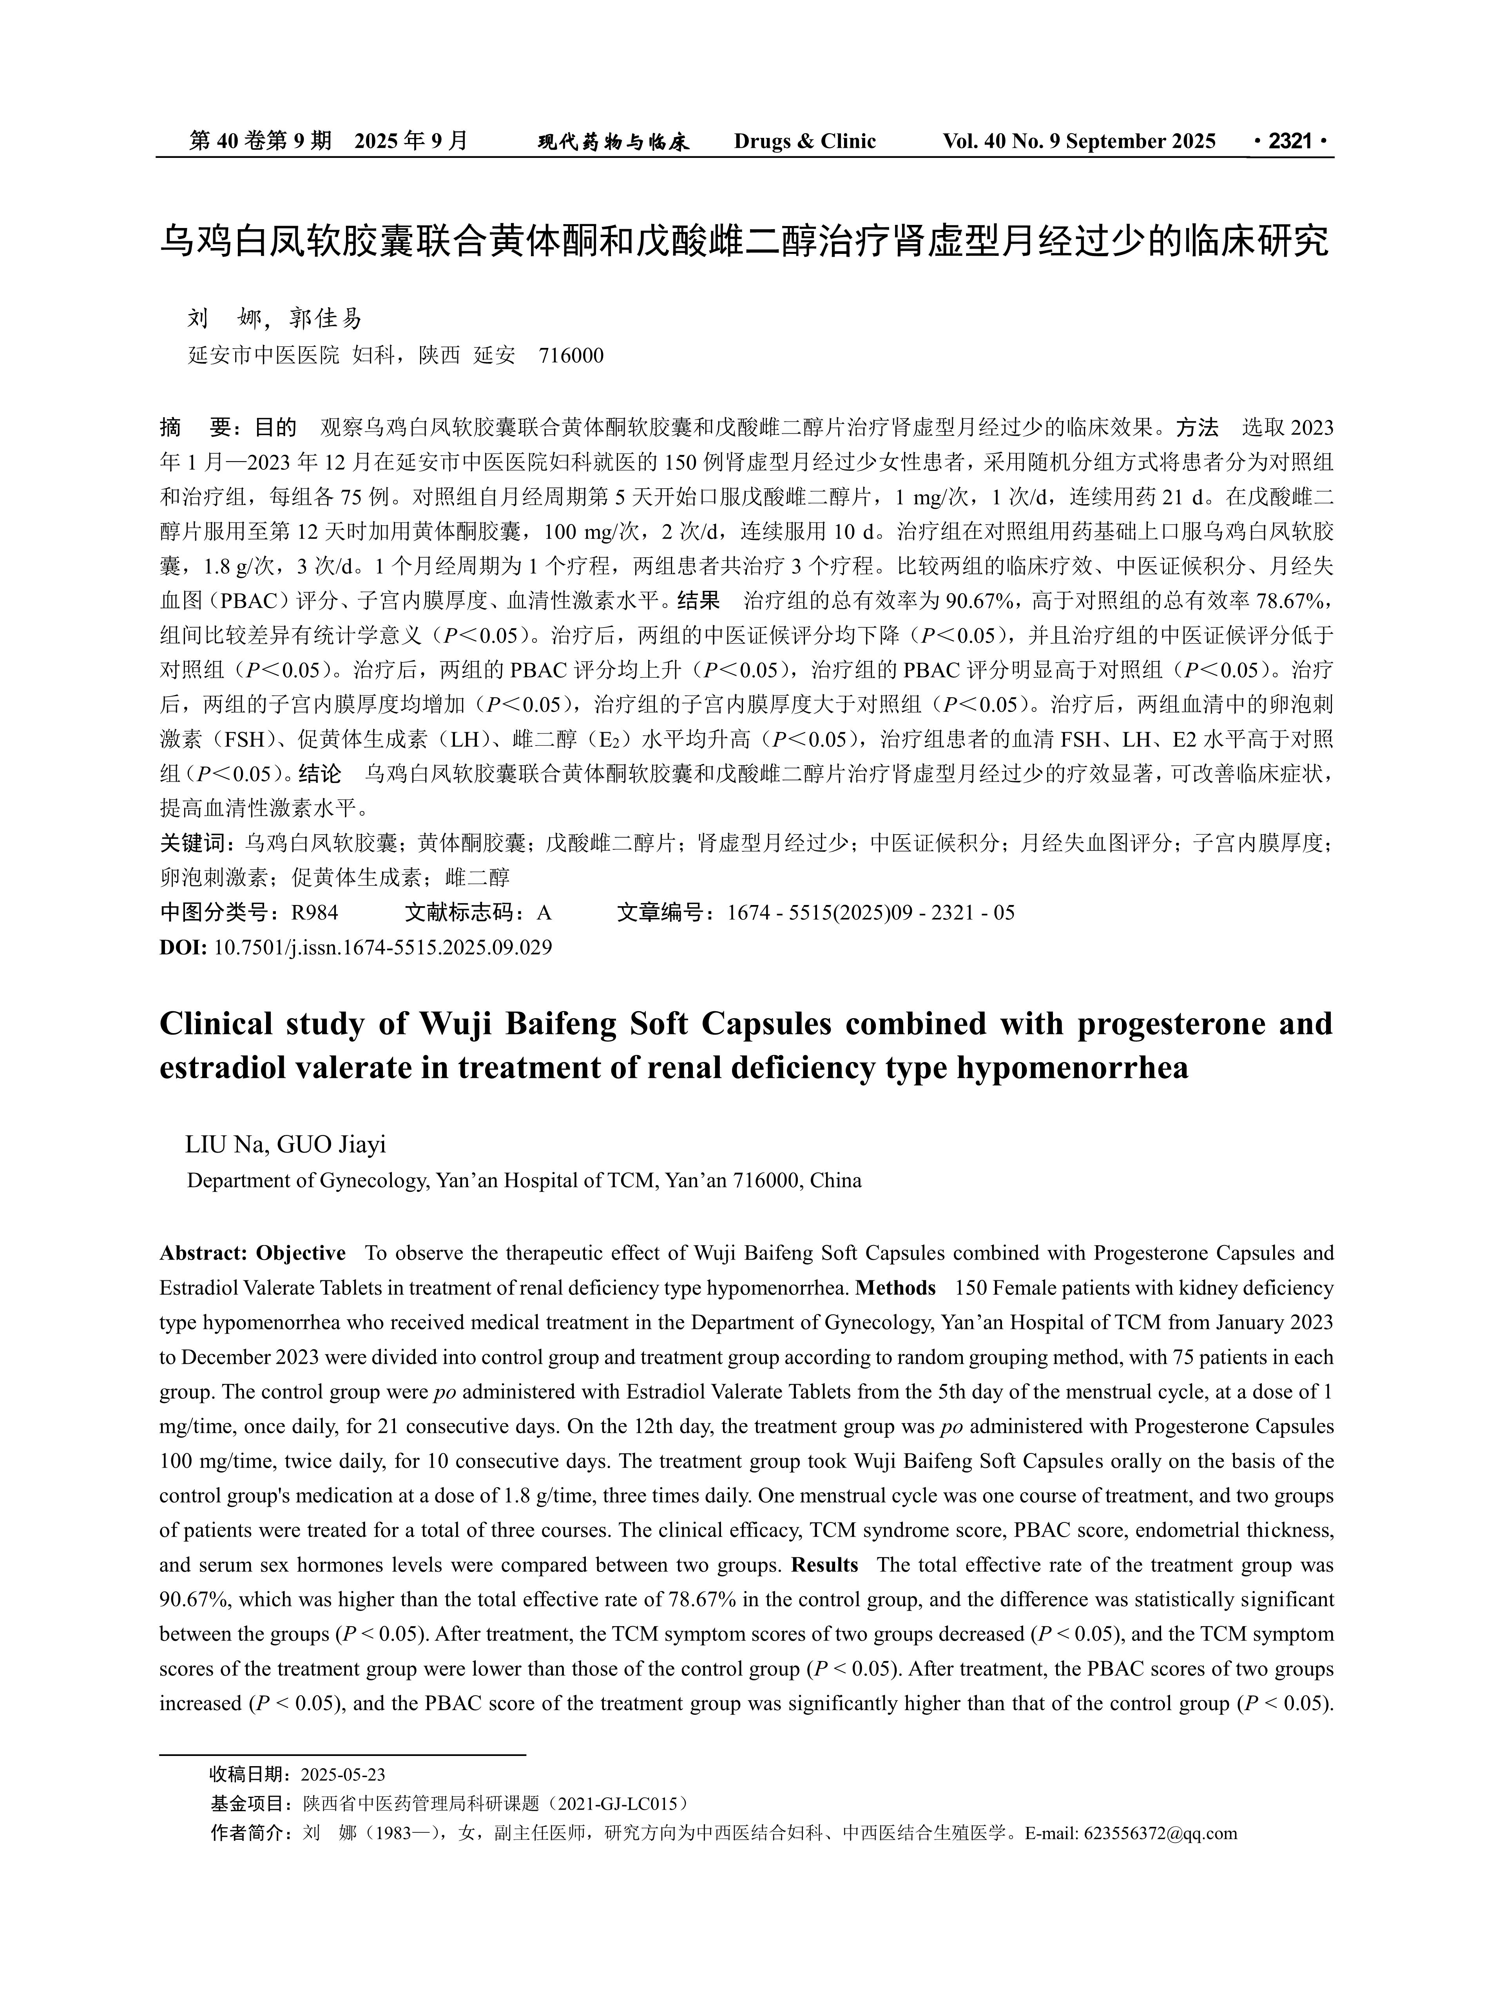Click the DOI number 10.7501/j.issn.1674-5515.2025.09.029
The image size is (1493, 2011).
coord(383,948)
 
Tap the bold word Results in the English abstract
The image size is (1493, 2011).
coord(824,1565)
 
